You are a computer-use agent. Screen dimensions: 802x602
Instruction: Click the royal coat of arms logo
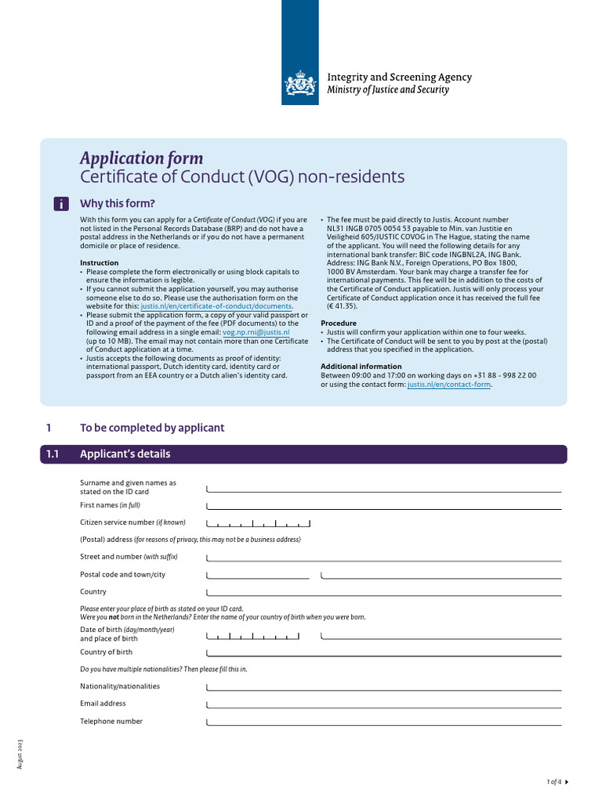(300, 82)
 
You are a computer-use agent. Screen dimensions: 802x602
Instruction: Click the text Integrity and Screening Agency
(399, 77)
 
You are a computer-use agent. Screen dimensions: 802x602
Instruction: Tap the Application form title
(141, 157)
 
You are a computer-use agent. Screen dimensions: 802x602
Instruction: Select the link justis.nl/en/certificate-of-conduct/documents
(216, 306)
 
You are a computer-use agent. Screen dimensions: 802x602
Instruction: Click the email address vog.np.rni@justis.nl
(256, 332)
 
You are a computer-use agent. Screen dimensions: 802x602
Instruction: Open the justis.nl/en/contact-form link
(449, 385)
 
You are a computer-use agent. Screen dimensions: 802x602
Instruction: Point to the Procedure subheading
(339, 323)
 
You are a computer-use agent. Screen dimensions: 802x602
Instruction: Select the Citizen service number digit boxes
(258, 522)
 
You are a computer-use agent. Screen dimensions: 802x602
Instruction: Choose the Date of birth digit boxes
(258, 634)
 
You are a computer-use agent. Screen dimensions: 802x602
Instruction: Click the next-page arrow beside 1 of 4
(567, 782)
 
